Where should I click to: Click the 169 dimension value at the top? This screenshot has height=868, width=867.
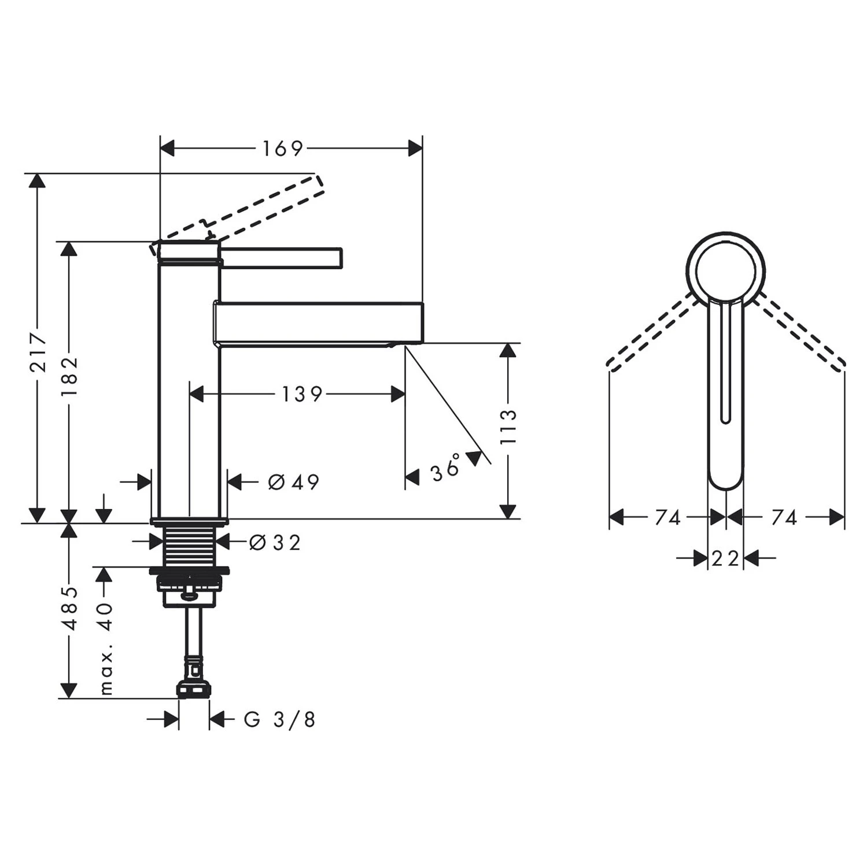pos(282,149)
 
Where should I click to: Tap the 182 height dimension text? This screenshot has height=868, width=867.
pos(69,376)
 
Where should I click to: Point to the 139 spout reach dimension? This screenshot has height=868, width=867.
pos(302,395)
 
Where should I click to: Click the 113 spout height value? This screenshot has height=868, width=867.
pos(508,426)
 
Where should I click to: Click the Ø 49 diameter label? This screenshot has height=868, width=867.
pos(293,481)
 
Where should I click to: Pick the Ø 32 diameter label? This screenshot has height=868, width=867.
pos(275,543)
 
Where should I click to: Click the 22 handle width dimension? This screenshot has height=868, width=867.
pos(725,558)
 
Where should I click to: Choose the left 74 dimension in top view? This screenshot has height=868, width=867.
pos(667,517)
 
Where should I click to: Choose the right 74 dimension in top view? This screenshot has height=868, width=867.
pos(784,517)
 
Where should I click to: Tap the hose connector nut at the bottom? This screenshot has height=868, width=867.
pos(193,689)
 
